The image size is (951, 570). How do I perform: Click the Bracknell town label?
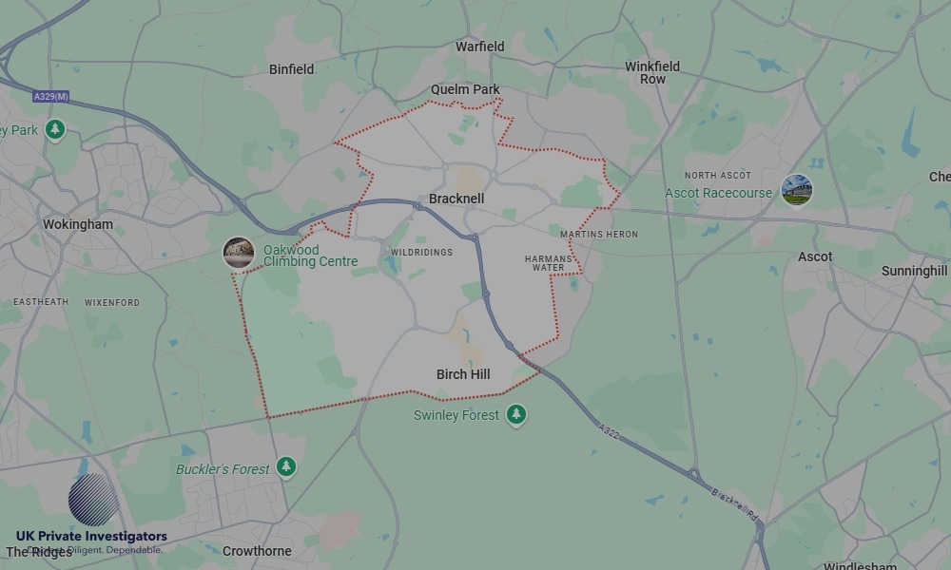pos(456,199)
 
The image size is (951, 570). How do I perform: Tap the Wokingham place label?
pos(78,225)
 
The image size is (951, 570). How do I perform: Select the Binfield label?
pos(291,69)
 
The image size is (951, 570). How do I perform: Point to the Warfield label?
pos(479,47)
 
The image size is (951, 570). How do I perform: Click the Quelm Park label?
pos(465,89)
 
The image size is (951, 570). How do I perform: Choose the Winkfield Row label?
pos(652,73)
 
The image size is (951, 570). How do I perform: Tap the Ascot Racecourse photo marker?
pos(796,190)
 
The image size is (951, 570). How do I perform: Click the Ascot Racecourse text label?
pos(718,193)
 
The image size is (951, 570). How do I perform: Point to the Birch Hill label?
pos(463,374)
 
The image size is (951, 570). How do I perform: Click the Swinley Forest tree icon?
pos(516,414)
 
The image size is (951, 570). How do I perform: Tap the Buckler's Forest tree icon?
pos(286,467)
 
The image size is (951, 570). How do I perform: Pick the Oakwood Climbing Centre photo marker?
pos(239,253)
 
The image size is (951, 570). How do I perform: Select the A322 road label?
pos(611,433)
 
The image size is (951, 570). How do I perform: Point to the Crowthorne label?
pos(257,551)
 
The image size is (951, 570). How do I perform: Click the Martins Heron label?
pos(599,234)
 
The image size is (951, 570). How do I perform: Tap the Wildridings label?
pos(421,252)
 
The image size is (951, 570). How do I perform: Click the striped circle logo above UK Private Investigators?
pos(94,500)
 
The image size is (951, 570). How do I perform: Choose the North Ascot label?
pos(718,176)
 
